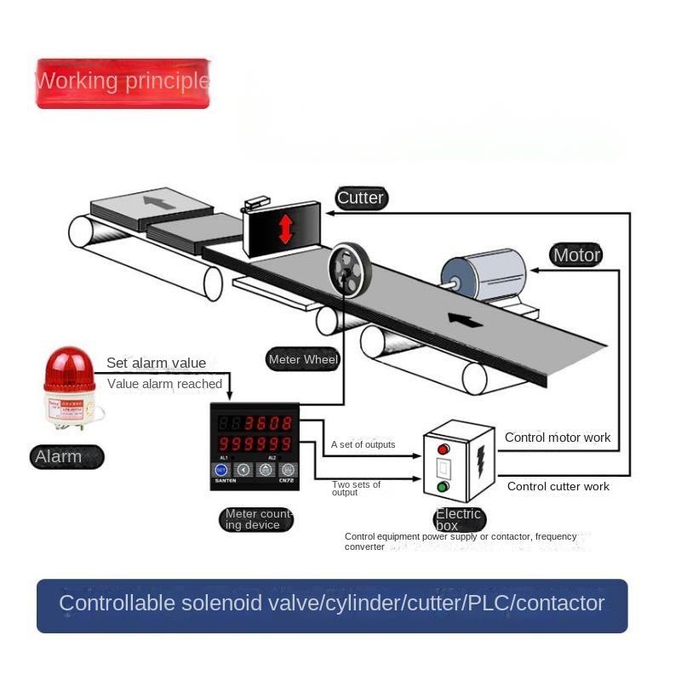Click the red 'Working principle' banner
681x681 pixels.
(123, 83)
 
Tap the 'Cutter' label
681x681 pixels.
(360, 198)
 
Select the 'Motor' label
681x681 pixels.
(576, 255)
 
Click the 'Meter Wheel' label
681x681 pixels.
(303, 359)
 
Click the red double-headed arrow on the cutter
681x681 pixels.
(285, 228)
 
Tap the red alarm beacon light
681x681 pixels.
(69, 371)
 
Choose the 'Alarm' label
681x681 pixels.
(59, 456)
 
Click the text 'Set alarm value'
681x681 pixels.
(156, 363)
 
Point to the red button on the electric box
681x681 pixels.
(443, 449)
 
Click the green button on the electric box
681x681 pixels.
(443, 488)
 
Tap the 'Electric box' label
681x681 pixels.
(458, 519)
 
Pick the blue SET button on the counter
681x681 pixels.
(221, 469)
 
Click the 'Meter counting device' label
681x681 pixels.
(257, 519)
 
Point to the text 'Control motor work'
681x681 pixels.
(558, 438)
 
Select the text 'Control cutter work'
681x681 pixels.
(558, 486)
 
